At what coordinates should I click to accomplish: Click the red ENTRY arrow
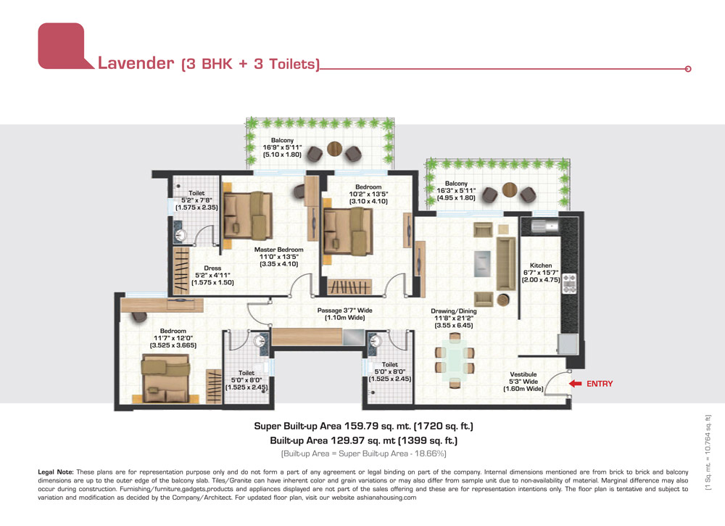click(x=575, y=384)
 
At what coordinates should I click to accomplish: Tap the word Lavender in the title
click(x=136, y=63)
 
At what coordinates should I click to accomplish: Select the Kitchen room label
click(x=541, y=266)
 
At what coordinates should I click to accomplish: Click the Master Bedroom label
click(x=279, y=250)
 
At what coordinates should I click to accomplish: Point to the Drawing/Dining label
click(x=454, y=311)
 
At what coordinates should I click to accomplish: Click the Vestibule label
click(x=523, y=374)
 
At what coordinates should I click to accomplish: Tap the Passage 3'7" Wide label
click(x=344, y=311)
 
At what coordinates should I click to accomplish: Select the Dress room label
click(x=212, y=268)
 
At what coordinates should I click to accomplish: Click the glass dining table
click(x=455, y=361)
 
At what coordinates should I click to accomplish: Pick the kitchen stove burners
click(x=569, y=284)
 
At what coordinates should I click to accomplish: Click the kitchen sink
click(x=544, y=226)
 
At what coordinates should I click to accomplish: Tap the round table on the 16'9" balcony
click(x=334, y=149)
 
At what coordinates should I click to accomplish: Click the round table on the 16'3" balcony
click(x=510, y=189)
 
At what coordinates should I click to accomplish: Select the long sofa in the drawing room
click(x=506, y=263)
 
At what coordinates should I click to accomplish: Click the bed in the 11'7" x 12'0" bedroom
click(x=165, y=379)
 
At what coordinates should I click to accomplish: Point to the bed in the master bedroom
click(x=248, y=215)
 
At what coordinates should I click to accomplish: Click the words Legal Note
click(x=56, y=472)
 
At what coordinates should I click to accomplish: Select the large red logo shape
click(x=62, y=46)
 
